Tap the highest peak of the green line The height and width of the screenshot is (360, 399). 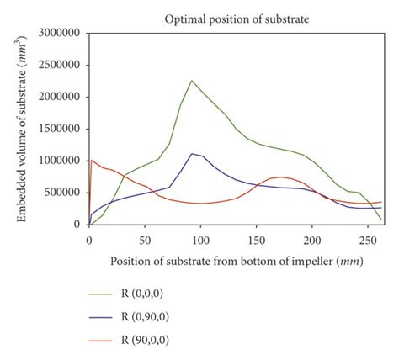192,81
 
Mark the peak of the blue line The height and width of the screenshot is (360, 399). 192,154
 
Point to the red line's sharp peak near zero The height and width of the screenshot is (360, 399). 91,160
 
